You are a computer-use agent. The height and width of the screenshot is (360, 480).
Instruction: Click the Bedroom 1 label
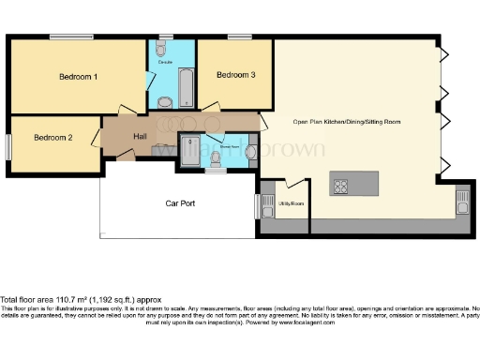tap(79, 75)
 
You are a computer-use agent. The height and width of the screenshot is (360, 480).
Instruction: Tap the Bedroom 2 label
tap(52, 138)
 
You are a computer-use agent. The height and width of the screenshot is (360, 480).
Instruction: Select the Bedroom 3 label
tap(235, 74)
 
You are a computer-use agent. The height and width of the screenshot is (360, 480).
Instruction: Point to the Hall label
tap(140, 138)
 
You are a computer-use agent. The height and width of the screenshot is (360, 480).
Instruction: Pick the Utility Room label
tap(292, 202)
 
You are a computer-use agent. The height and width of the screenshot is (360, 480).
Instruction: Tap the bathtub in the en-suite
tap(185, 87)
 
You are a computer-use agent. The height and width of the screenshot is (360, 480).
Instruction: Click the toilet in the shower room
tap(217, 163)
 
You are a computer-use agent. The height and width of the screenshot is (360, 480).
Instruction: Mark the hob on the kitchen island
tap(341, 185)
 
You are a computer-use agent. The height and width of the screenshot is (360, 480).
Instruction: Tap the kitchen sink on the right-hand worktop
tap(462, 199)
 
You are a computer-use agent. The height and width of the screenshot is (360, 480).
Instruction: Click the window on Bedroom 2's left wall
tap(8, 144)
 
